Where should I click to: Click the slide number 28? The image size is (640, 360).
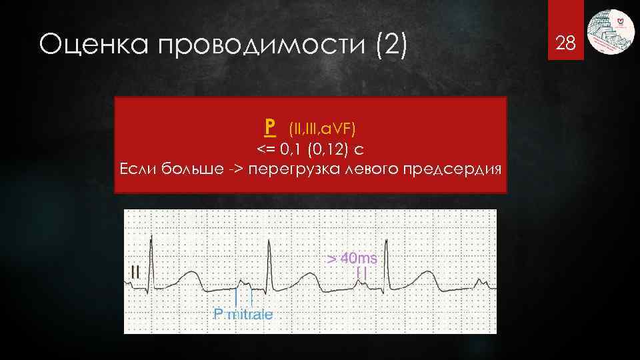(x=565, y=45)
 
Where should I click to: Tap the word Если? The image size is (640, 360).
(x=137, y=167)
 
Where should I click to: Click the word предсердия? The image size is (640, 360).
(x=453, y=167)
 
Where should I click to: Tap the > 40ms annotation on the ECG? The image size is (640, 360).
(x=355, y=258)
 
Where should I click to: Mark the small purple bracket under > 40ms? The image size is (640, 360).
(x=361, y=272)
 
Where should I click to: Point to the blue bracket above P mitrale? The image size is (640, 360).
(x=244, y=297)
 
